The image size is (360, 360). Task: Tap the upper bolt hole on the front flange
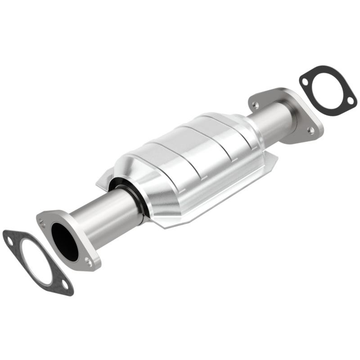click(x=42, y=222)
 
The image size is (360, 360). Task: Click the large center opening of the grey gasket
click(x=36, y=261)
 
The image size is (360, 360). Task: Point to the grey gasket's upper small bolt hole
click(x=10, y=241)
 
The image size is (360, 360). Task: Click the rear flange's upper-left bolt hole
click(x=256, y=105)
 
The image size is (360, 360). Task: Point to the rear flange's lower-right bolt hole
click(x=310, y=130)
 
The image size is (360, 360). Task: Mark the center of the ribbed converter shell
click(x=193, y=153)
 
